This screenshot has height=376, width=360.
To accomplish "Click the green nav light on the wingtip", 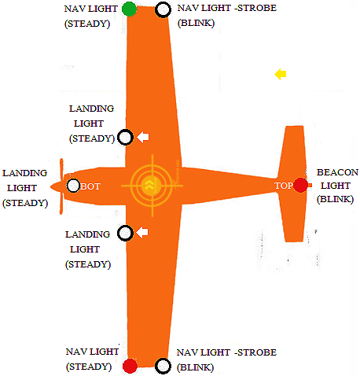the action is coord(130,9).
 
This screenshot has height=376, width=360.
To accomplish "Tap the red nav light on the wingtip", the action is coord(130,366).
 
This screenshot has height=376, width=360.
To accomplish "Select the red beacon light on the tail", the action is coord(300,185).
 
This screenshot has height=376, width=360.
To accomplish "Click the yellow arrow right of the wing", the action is coord(281,75).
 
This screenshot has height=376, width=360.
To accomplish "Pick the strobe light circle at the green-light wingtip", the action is coord(163,9).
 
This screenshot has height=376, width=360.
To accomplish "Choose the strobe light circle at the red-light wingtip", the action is coord(163,366).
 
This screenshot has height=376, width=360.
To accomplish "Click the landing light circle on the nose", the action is coord(73,186).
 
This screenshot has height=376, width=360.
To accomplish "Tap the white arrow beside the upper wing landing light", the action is coord(143,137).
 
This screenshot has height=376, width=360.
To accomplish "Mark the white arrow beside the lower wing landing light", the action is coord(142,232).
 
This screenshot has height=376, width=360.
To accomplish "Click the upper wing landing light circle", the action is coord(125,137).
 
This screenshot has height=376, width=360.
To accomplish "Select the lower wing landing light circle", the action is coord(125,233).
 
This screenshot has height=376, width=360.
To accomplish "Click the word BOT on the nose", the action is coord(90,186).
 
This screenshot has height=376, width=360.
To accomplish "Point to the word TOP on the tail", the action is coord(284,186).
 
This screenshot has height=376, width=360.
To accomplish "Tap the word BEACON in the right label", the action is coord(337,172).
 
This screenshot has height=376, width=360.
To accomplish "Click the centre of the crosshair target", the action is coord(152,186).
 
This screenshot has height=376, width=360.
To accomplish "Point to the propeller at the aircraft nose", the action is coord(61,186).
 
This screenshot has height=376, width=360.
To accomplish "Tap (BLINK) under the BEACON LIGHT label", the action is coord(335,199).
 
